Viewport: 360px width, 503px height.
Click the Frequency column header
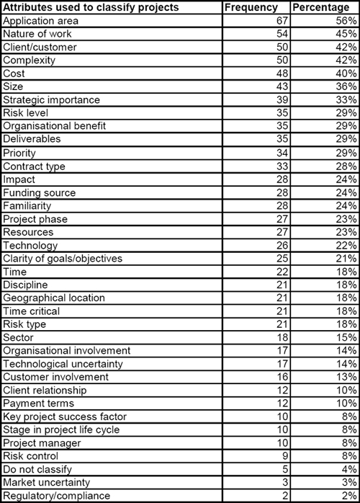point(251,7)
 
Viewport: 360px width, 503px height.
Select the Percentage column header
point(323,7)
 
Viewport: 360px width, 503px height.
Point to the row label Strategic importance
point(51,99)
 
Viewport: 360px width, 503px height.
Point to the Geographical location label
point(54,298)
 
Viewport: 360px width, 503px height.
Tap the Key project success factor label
point(64,417)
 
